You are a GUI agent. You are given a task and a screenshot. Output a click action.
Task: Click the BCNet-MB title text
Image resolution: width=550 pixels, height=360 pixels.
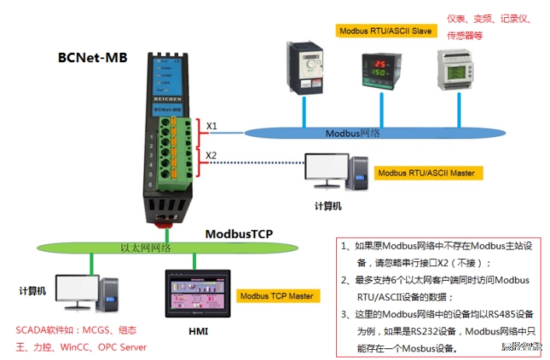pos(93,57)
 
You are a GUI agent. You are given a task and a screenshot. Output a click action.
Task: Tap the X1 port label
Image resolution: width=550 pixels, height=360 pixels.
pos(212,126)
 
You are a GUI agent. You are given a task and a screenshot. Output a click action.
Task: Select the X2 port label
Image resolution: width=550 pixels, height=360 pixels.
pos(212,155)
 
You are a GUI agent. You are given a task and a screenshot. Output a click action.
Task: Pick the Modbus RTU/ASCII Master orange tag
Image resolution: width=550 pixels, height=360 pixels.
pos(426,173)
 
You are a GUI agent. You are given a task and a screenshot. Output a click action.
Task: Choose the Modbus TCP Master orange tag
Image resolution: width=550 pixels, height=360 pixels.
pos(277,295)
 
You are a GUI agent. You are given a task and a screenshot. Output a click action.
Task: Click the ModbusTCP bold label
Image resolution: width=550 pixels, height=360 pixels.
pos(239,233)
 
